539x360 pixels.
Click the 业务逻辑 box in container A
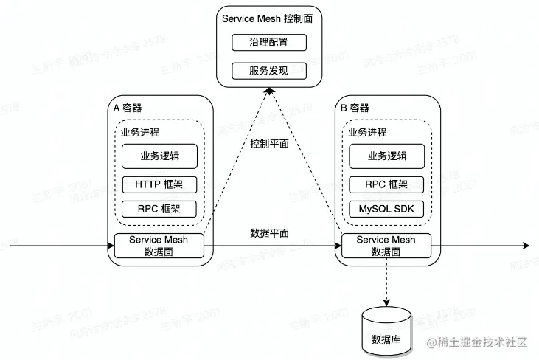159,156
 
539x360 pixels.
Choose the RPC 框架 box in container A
159,209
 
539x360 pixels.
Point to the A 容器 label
128,108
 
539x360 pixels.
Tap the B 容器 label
355,108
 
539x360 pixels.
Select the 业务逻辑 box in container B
386,156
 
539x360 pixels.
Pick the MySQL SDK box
386,209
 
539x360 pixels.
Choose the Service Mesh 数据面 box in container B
386,246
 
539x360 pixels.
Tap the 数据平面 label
269,232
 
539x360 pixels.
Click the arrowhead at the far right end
525,245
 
